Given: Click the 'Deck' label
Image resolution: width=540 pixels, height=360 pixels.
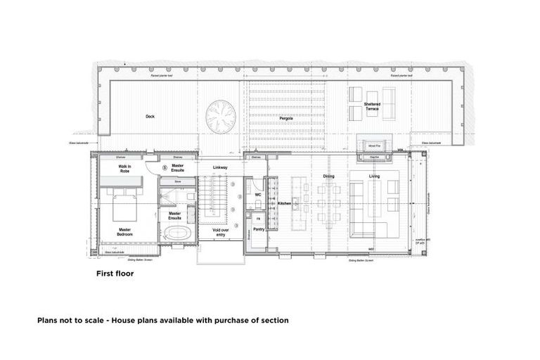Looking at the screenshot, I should [x=150, y=116].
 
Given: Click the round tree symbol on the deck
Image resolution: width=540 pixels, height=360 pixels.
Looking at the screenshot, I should [x=221, y=115].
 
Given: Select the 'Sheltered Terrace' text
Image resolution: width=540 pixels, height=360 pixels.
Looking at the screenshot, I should [x=372, y=107].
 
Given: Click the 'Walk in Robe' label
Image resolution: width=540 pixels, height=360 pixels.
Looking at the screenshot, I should [x=125, y=169].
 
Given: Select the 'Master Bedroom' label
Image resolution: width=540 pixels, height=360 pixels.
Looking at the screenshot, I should [x=124, y=231].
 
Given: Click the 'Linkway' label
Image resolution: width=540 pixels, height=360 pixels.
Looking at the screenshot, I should [x=220, y=167].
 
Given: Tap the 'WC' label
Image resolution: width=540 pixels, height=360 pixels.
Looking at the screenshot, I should [x=258, y=195].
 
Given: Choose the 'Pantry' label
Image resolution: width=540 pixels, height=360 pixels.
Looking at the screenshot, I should [x=258, y=229].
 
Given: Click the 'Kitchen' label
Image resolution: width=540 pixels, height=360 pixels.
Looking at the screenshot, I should [x=284, y=203].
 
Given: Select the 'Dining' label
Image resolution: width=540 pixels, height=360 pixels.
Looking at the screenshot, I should [x=328, y=176].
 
